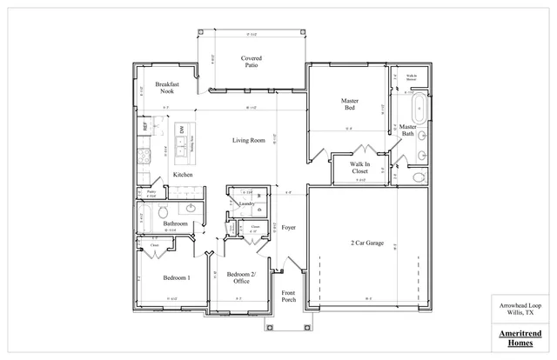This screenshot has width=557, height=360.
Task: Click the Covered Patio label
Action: click(252, 63)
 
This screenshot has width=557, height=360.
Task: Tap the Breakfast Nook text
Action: click(167, 88)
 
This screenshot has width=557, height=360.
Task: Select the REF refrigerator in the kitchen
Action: click(144, 127)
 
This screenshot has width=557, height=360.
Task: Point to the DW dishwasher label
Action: click(182, 130)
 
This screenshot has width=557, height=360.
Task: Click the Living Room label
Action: click(248, 140)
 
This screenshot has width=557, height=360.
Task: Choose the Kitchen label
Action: click(183, 175)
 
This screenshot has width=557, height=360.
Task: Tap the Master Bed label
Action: click(349, 105)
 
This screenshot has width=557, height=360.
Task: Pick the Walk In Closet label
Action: click(359, 168)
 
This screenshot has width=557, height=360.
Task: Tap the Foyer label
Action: click(289, 227)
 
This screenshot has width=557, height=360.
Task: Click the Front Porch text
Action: click(289, 299)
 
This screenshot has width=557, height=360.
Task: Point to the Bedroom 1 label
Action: click(177, 277)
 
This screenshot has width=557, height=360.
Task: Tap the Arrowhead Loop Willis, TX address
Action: click(517, 310)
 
